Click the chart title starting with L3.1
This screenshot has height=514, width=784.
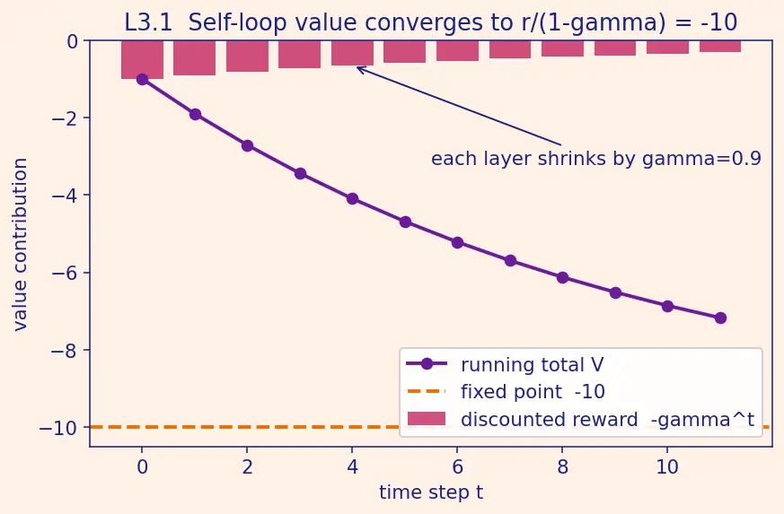point(430,22)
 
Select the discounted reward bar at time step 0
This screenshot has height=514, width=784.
point(142,59)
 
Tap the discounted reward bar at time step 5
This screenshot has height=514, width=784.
point(404,51)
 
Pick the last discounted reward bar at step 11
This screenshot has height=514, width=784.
point(720,46)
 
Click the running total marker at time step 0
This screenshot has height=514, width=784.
point(142,79)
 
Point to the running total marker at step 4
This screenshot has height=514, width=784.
point(353,199)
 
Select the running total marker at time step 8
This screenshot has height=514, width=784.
point(562,278)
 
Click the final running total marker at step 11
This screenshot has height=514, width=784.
point(720,318)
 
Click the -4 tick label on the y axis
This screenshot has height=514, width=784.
point(65,195)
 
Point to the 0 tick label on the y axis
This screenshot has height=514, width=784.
point(73,41)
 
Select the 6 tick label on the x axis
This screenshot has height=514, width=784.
point(457,467)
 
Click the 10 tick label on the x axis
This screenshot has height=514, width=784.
point(667,467)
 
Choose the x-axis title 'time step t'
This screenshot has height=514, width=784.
point(431,492)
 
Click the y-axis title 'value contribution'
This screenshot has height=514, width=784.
point(20,244)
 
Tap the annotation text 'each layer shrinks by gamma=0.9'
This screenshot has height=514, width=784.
point(596,159)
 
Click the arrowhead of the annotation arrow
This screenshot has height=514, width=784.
point(357,67)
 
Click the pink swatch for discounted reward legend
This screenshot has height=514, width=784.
point(427,419)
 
